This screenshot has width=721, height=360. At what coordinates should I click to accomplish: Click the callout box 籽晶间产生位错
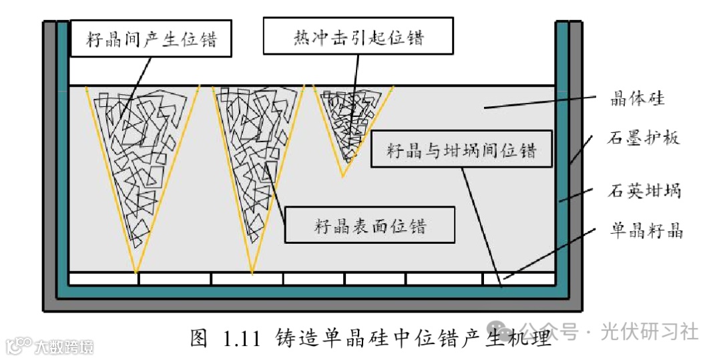coord(152,39)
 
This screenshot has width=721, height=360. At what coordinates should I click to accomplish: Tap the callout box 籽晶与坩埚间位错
coord(462,149)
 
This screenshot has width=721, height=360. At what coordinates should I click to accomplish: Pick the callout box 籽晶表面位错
coord(370,225)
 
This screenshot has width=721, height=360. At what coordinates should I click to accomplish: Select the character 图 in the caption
coord(199,338)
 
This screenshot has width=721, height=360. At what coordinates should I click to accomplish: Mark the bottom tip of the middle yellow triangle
coord(252,272)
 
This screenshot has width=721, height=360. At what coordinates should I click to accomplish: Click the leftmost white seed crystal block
coord(103,279)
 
